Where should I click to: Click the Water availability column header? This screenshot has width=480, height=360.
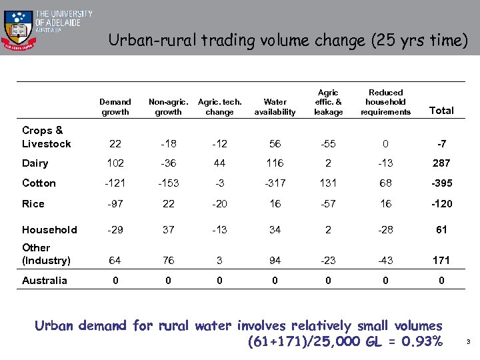pos(275,107)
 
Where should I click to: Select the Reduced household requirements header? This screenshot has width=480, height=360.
pos(385,102)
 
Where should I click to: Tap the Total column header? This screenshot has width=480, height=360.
pos(441,111)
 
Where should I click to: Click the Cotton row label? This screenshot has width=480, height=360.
pos(39,183)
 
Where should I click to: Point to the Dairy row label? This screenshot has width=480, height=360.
pos(35,163)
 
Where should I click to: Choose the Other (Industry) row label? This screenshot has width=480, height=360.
pos(45,254)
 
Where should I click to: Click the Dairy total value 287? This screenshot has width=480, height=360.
pos(441,163)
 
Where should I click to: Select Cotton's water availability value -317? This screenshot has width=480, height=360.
pos(275,183)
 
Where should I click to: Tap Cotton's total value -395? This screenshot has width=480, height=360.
pos(441,183)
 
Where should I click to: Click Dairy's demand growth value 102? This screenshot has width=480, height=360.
pos(115,163)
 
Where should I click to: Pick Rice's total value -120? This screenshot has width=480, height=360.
pos(441,204)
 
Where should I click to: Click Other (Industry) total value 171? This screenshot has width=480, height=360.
pos(441,260)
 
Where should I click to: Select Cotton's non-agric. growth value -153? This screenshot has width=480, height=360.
pos(168,183)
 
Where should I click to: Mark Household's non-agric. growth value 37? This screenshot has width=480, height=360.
pos(168,229)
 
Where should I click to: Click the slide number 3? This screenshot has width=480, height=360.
pos(469,343)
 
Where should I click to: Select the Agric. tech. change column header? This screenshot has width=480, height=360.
pos(220,107)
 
